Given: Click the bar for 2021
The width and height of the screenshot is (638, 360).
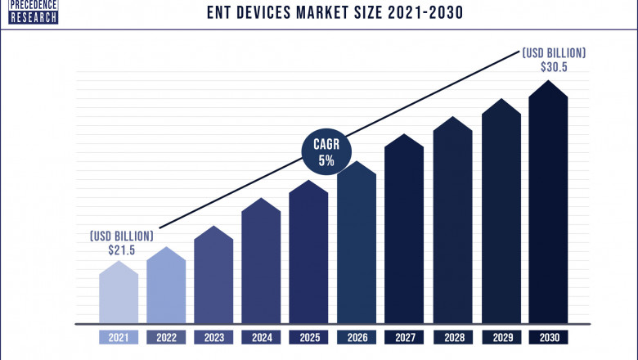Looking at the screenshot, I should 119,295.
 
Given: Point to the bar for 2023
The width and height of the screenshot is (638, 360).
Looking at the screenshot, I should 213,278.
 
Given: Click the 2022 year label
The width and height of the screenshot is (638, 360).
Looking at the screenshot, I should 166,336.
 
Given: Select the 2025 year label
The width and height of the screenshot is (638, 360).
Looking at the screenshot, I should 308,336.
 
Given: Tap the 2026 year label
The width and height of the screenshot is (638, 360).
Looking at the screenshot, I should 357,336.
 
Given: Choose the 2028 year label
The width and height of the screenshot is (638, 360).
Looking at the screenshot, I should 452,336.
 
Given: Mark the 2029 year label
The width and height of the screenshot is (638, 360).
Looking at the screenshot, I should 501,336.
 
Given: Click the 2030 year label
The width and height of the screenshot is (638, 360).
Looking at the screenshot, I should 548,336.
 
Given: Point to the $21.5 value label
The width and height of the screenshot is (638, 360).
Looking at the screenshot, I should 120,250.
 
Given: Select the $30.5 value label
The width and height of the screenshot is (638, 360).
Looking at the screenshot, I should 554,67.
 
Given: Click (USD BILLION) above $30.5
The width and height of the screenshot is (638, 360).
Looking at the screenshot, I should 554,52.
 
